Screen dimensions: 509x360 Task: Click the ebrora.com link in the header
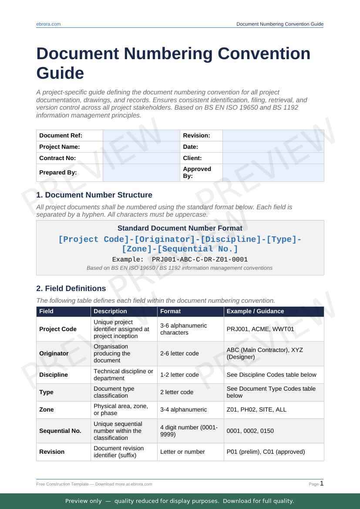point(48,24)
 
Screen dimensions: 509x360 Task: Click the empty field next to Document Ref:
point(141,135)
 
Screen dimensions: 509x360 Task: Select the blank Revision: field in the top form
point(273,135)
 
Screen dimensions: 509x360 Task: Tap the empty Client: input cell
point(273,158)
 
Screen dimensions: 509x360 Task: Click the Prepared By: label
point(58,172)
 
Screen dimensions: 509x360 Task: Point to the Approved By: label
point(197,172)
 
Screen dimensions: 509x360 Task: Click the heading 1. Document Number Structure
point(94,195)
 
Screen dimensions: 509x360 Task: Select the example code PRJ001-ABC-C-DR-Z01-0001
point(200,259)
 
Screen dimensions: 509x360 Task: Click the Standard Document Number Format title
point(180,228)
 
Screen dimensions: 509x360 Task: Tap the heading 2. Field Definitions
point(71,288)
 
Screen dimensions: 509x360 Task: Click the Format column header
point(170,311)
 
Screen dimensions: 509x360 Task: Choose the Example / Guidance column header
point(255,311)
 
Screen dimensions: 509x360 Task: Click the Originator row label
point(54,353)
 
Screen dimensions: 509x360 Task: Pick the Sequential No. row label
point(60,431)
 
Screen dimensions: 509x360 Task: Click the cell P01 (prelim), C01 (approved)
point(266,452)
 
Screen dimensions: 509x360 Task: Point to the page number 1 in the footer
point(322,483)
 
